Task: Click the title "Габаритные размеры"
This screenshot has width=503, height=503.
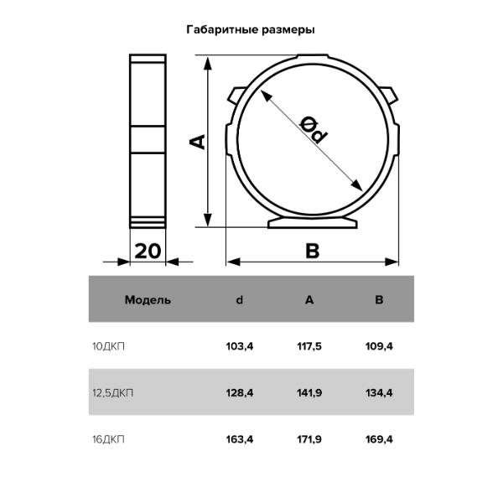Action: coord(251,30)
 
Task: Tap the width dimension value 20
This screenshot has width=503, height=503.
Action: coord(148,251)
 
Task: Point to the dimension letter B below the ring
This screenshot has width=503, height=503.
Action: coord(313,251)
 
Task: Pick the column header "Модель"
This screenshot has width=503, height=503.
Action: coord(148,300)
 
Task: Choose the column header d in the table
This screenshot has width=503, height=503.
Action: coord(239,300)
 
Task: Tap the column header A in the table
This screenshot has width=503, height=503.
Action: coord(309,300)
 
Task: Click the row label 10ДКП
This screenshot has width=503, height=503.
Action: coord(108,346)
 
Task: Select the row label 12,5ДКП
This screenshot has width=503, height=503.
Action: coord(112,393)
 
